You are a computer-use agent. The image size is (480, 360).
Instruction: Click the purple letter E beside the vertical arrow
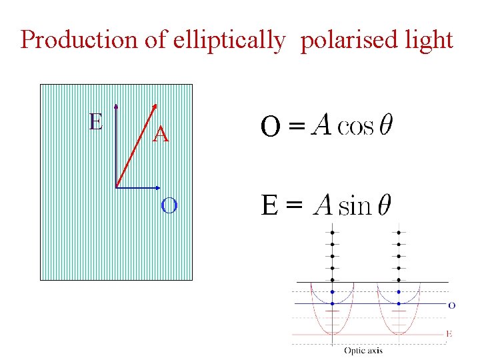point(96,121)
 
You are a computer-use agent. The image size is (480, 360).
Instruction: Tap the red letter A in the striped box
point(161,135)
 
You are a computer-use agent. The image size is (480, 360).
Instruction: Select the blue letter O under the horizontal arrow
point(169,205)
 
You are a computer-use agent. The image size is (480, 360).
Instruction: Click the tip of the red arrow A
point(155,103)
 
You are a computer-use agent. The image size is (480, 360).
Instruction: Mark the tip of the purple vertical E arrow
point(116,105)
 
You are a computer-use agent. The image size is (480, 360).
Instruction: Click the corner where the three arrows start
point(116,187)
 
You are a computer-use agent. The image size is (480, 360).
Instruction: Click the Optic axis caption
point(363,350)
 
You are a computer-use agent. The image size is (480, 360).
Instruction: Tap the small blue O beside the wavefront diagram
point(451,305)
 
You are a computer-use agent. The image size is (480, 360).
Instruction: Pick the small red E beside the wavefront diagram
point(449,333)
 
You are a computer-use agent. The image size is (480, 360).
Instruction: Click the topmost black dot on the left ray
point(332,232)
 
